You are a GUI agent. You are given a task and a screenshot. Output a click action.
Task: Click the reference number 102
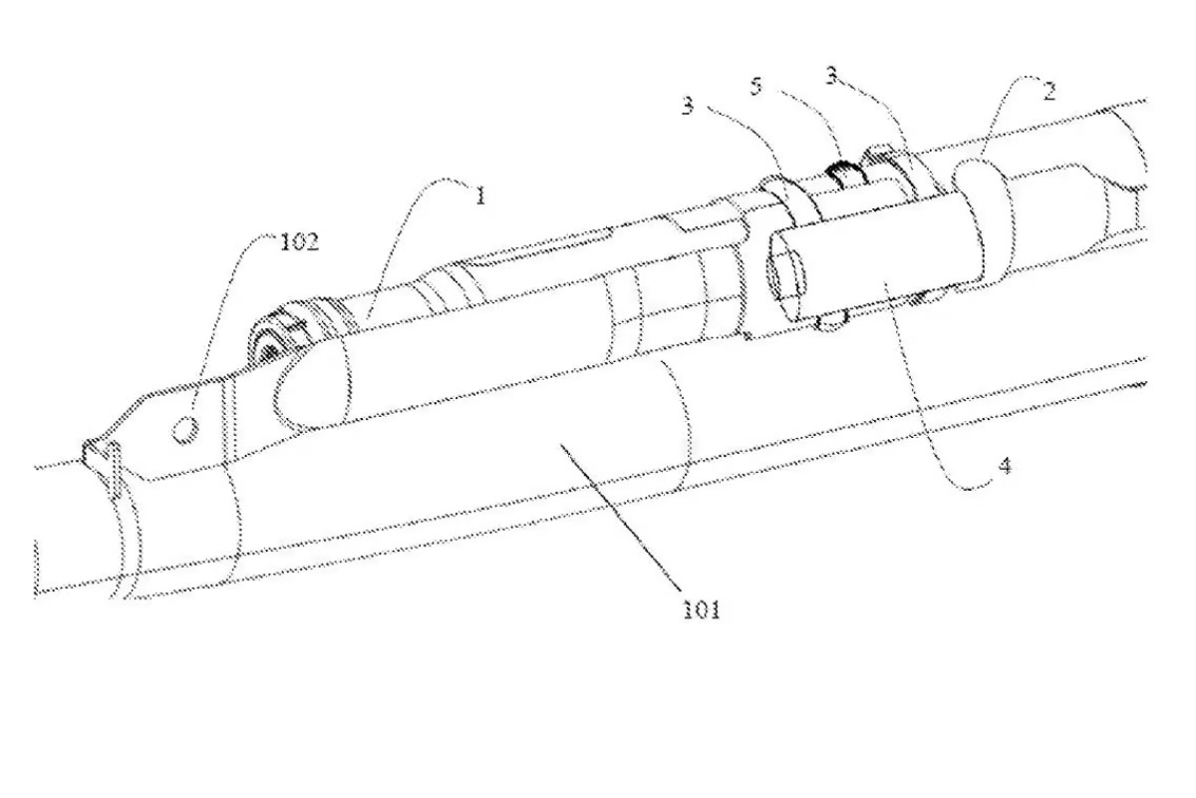pos(300,242)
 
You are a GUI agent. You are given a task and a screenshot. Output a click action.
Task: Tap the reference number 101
pos(702,609)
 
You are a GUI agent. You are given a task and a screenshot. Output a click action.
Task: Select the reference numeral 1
pos(480,196)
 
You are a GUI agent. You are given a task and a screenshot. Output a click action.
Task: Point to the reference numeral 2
pos(1049,92)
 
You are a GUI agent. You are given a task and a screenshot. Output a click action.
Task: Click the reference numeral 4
pos(1006,466)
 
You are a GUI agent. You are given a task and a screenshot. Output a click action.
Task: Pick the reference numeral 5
pos(756,86)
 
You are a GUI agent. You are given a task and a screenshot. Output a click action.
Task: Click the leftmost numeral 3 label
pos(689,106)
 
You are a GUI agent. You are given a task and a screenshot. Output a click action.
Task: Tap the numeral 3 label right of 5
pos(832,76)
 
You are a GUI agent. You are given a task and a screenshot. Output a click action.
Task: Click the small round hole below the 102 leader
pos(185,430)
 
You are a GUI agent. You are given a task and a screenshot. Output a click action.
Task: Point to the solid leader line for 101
pos(620,517)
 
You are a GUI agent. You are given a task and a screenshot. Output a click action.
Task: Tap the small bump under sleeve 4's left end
pos(831,320)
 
